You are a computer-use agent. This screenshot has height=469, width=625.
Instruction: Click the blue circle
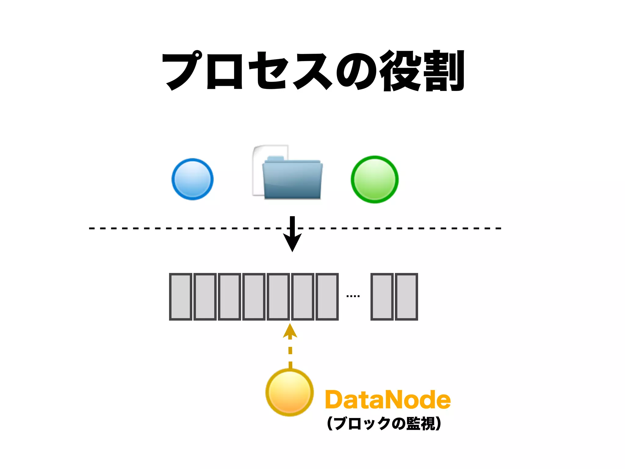pos(192,179)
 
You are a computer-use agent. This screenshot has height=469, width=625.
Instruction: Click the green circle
pos(374,180)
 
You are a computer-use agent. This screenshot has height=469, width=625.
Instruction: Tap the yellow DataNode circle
pos(290,392)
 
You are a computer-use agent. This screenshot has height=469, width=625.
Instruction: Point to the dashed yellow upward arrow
pos(290,345)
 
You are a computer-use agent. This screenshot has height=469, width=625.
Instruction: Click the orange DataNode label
pos(388,400)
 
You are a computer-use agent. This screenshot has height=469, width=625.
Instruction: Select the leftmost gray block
pos(181,296)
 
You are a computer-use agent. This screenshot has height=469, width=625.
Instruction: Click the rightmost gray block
pos(406,296)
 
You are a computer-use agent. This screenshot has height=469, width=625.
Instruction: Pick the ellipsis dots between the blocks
pos(353,296)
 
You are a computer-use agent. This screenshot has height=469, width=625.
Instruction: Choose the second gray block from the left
pos(205,296)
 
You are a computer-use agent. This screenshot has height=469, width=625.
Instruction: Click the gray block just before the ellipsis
pos(327,296)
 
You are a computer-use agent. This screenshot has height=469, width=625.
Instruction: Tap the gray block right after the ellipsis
pos(382,296)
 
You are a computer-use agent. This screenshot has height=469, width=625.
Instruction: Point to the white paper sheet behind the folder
pos(258,171)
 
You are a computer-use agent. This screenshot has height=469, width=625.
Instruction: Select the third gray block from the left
pos(229,296)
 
